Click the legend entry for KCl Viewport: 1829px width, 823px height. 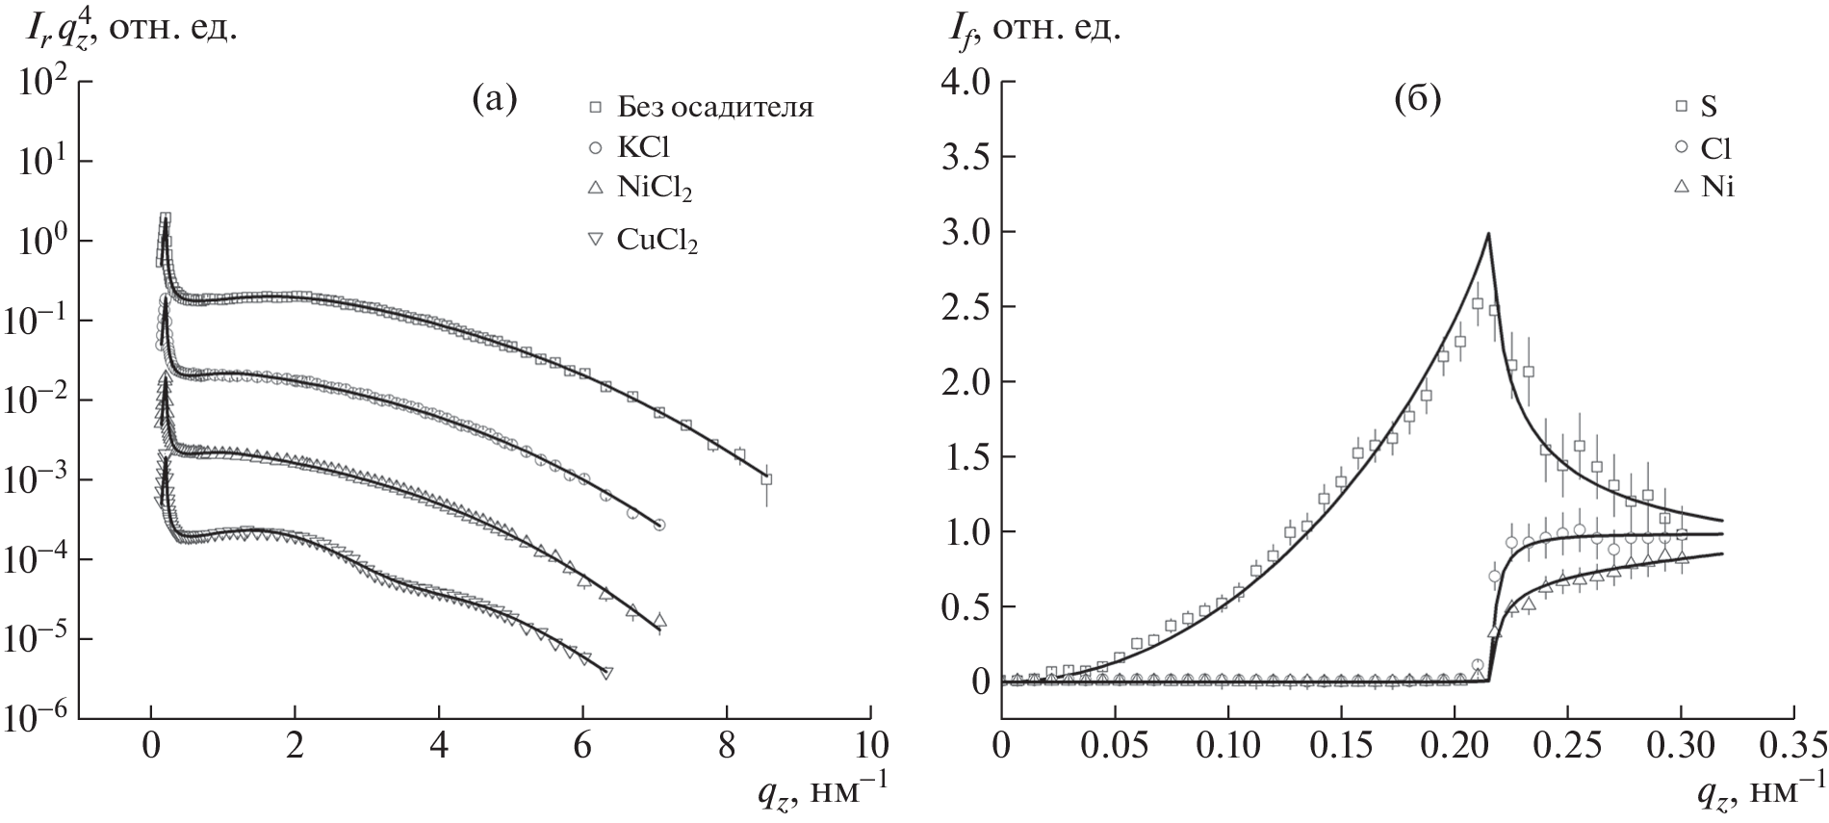[644, 147]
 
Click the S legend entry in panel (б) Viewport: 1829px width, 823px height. [1708, 107]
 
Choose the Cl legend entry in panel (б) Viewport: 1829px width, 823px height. [1716, 147]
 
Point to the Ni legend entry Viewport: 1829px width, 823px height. [1717, 188]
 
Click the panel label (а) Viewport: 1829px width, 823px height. [494, 99]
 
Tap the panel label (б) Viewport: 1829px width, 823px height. [1418, 99]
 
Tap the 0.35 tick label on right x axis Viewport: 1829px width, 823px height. [1792, 747]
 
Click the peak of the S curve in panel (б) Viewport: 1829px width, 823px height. [1488, 234]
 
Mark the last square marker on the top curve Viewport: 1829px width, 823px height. [766, 478]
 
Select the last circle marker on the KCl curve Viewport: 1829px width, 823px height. [659, 525]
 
